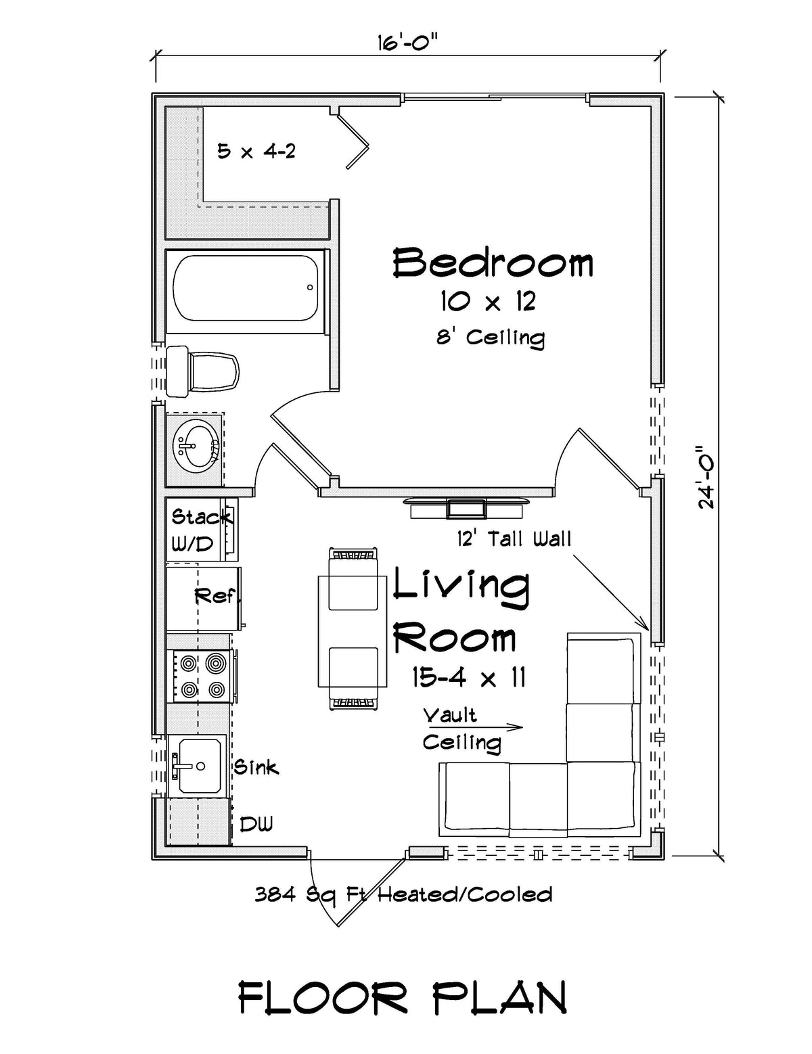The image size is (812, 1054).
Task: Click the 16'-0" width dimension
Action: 407,45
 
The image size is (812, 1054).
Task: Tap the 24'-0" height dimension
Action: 708,476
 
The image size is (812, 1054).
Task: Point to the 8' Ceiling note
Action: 491,337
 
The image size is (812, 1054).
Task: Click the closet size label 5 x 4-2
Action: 256,151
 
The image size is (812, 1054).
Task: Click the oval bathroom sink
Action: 196,446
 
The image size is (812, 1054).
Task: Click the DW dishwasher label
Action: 256,824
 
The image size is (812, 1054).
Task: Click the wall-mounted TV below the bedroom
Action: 466,508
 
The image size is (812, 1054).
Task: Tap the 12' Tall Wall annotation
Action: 514,539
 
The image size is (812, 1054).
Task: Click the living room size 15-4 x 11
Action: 469,677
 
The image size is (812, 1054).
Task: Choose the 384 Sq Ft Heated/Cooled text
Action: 403,895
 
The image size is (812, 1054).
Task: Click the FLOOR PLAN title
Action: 403,997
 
